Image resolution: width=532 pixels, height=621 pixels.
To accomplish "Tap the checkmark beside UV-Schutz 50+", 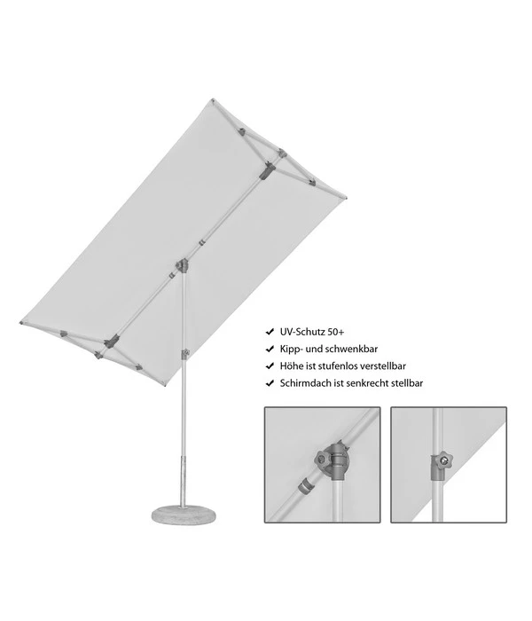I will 270,331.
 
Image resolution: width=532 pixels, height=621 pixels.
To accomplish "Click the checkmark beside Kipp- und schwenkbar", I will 270,349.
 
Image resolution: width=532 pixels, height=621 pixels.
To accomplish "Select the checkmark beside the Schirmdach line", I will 270,383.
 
